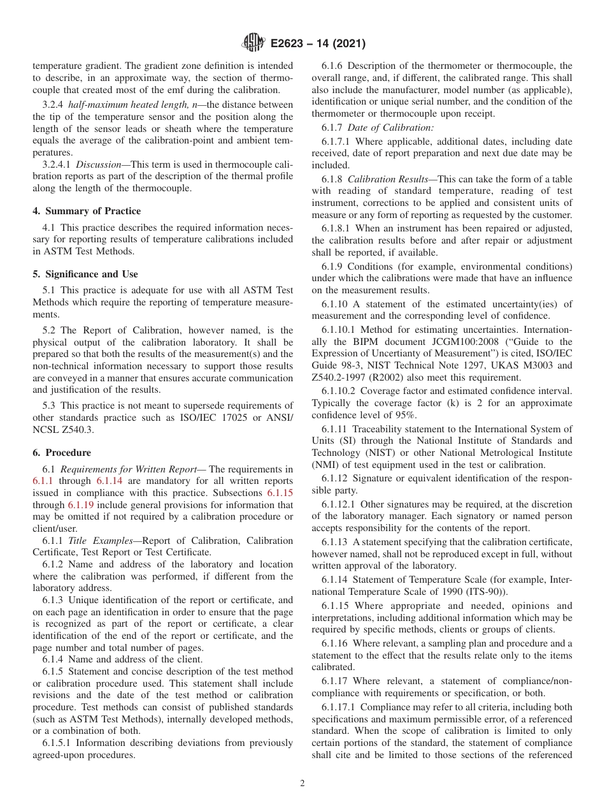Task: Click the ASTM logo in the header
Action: point(253,43)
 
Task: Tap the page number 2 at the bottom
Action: point(302,784)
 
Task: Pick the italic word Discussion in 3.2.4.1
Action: point(95,164)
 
